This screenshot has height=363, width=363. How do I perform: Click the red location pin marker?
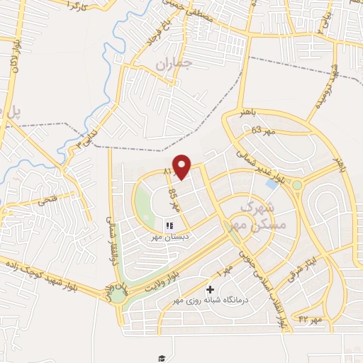[182, 167]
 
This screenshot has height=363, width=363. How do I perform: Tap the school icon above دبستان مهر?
[169, 225]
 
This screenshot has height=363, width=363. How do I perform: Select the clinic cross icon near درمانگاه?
[210, 289]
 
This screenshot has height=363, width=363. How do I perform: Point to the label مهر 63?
[262, 130]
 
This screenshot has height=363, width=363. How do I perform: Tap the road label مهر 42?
[310, 319]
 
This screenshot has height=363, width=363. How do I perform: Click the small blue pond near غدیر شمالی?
[272, 184]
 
